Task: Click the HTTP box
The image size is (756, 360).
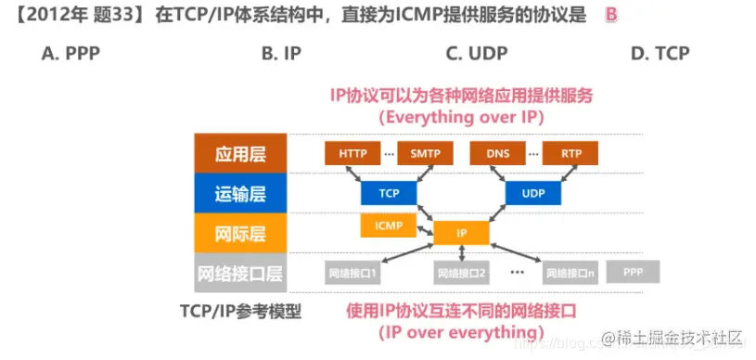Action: (x=352, y=153)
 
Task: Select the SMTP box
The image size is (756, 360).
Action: (x=425, y=153)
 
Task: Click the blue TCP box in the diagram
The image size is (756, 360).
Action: (x=389, y=193)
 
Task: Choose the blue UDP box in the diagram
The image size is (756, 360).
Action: (x=533, y=193)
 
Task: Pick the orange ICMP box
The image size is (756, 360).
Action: (x=388, y=225)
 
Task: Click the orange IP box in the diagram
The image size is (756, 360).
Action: (x=461, y=233)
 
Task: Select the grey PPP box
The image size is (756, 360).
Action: (x=633, y=272)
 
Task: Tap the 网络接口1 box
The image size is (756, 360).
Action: (x=352, y=273)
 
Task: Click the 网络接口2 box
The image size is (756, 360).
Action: (x=462, y=273)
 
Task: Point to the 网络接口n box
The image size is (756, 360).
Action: (x=570, y=273)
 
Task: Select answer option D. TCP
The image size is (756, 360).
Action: (x=660, y=54)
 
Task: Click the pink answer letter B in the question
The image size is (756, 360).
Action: (x=610, y=16)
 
